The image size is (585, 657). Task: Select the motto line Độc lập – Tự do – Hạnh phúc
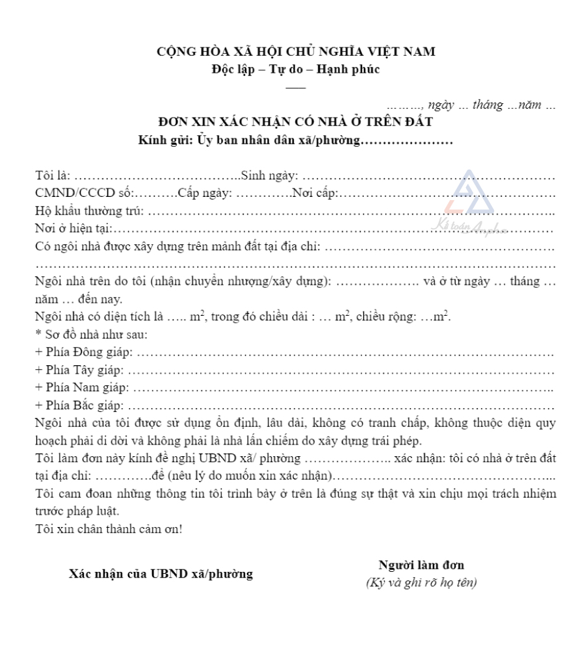pos(296,70)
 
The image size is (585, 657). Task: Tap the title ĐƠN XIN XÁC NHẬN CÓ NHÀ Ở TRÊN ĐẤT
pos(296,122)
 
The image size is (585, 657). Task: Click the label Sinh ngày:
pos(269,175)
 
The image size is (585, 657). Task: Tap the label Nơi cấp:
pos(315,193)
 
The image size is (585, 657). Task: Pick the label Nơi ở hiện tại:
pos(73,228)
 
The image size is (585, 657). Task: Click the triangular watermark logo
pos(467,195)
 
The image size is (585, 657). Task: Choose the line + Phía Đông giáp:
pos(84,352)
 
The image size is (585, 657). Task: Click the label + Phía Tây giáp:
pos(80,370)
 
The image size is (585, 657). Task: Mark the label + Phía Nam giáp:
pos(82,388)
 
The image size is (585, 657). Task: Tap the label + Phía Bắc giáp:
pos(81,406)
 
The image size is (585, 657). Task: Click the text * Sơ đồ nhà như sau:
pos(91,335)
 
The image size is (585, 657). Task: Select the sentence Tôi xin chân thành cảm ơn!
pos(109,529)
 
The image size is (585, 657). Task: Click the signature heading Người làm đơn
pos(421,565)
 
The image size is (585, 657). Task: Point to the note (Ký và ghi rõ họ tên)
pos(421,583)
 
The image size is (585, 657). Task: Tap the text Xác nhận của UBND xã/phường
pos(161,574)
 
